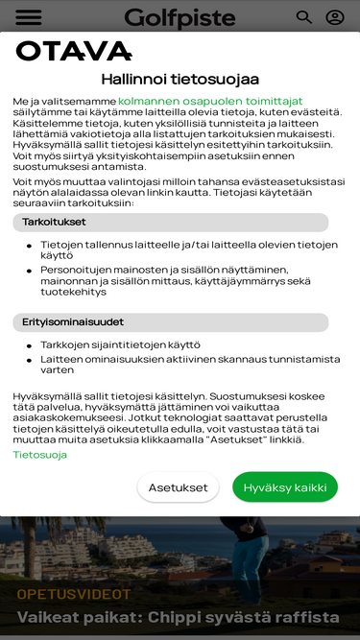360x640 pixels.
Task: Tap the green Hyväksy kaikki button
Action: coord(285,487)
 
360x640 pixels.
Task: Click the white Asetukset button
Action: coord(178,487)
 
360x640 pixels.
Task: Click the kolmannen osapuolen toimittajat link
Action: coord(210,101)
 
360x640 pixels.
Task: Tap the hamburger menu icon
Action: coord(29,17)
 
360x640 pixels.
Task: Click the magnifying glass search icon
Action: coord(304,17)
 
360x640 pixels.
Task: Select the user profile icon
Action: coord(335,17)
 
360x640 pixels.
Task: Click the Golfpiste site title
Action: coord(180,17)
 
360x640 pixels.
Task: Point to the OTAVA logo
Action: coord(73,52)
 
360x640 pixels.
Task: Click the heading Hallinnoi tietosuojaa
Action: coord(180,80)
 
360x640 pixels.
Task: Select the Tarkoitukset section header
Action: coord(54,223)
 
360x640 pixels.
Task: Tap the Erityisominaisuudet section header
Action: coord(72,322)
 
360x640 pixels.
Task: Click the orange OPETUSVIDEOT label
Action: coord(73,594)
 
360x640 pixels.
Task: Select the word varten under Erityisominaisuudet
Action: coord(57,369)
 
